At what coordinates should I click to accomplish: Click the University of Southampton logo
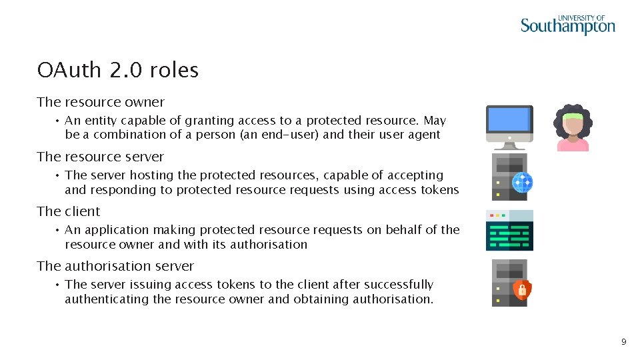pos(567,25)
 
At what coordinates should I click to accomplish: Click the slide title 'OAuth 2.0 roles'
pos(118,70)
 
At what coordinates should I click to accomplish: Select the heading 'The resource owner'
pos(101,102)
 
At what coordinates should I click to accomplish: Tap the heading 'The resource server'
pos(101,157)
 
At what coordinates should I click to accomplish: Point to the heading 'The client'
pos(69,211)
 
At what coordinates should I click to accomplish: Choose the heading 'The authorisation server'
pos(115,266)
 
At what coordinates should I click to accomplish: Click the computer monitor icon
pos(509,126)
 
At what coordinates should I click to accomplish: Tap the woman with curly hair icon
pos(573,127)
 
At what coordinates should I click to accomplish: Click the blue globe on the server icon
pos(522,182)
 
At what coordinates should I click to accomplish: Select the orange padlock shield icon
pos(521,289)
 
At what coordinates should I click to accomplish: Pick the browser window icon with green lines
pos(509,230)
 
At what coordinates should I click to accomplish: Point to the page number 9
pos(623,342)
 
